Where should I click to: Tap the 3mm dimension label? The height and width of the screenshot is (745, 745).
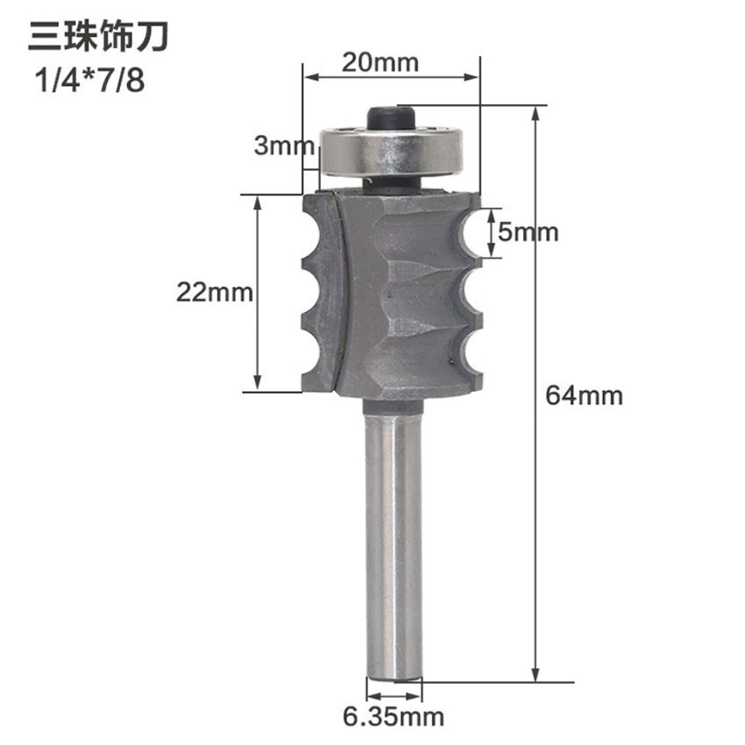[x=277, y=145]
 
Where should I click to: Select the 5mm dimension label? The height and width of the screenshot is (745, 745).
[x=528, y=232]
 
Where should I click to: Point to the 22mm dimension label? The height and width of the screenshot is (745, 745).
[x=214, y=292]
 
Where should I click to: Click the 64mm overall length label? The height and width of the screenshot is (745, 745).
[x=584, y=395]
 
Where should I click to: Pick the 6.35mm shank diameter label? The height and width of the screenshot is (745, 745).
[x=394, y=717]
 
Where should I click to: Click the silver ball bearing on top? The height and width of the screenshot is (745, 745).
[x=391, y=151]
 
